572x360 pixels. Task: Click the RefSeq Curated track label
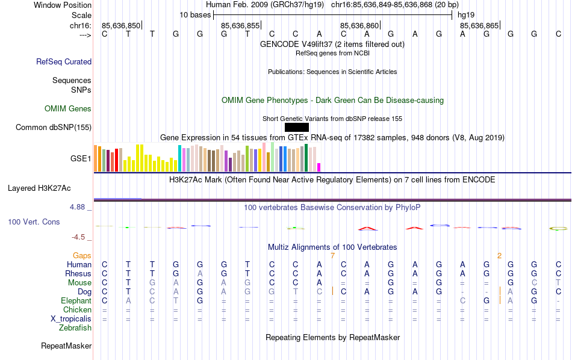[64, 61]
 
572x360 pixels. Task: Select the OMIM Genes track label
[68, 109]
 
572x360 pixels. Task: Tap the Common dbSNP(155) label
[54, 127]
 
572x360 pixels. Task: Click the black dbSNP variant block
[296, 127]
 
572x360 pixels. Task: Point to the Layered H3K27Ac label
[39, 188]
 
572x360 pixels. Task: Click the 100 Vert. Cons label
[34, 222]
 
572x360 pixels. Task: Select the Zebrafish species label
[75, 328]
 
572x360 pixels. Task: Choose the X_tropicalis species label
[71, 319]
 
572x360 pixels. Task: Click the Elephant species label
[76, 300]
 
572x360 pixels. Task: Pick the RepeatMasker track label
[66, 346]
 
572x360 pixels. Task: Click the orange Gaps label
[82, 256]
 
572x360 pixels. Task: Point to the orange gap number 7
[332, 256]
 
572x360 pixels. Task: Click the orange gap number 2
[499, 256]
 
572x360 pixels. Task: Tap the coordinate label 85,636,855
[240, 25]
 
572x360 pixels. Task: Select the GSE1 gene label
[81, 159]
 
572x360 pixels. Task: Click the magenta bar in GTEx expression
[319, 167]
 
